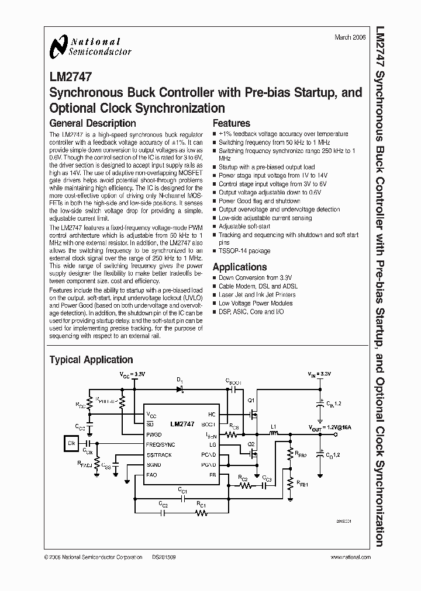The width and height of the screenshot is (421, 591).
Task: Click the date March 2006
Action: [x=350, y=37]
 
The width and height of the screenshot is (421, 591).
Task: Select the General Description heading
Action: [x=92, y=123]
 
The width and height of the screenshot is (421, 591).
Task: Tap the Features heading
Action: [x=231, y=123]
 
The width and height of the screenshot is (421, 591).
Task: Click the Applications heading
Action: [x=240, y=267]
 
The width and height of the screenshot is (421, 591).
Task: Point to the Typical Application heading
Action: [x=91, y=360]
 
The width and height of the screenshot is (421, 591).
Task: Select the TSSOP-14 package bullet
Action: [x=244, y=251]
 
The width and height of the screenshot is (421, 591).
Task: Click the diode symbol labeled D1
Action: [x=181, y=388]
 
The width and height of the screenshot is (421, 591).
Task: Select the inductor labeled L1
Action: [x=272, y=434]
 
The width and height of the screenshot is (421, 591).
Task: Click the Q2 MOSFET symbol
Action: [x=253, y=453]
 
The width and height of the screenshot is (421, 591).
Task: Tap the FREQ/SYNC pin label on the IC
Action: [x=161, y=444]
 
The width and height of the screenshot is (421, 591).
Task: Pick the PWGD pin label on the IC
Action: [x=154, y=434]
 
